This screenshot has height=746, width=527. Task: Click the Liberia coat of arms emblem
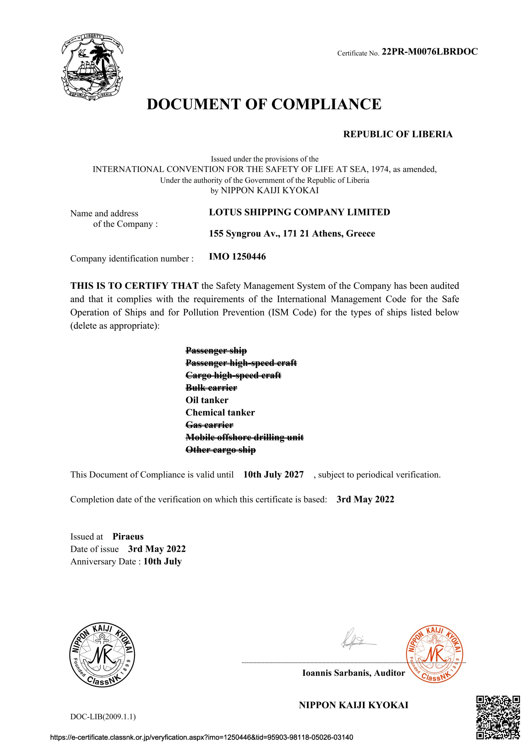(92, 66)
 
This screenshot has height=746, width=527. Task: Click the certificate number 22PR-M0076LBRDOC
(429, 52)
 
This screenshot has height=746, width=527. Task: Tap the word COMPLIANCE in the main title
(326, 104)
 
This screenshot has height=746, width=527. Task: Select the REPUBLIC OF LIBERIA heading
(398, 134)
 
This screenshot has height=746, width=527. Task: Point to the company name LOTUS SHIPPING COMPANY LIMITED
(299, 212)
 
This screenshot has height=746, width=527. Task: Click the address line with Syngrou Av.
(292, 234)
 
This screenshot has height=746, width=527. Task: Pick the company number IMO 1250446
(237, 257)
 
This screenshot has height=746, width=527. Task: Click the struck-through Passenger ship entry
(216, 350)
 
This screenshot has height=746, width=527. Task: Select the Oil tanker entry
(207, 400)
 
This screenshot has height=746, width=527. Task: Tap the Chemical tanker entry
(220, 412)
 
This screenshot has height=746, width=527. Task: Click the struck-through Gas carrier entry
(209, 425)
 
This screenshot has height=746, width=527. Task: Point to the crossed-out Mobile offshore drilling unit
(244, 437)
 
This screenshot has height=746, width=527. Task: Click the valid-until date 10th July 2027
(273, 475)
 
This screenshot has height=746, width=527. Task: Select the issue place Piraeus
(128, 536)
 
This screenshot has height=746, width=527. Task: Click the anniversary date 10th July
(163, 562)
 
